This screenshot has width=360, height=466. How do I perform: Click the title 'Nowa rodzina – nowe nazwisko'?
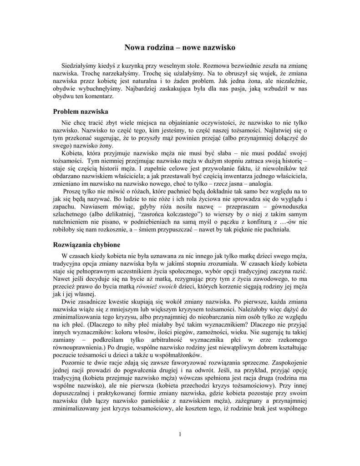point(180,47)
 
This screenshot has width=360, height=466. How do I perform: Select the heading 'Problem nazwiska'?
point(80,111)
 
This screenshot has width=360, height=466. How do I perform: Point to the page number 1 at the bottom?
point(180,434)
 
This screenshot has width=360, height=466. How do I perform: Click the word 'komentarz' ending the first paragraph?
point(96,96)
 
